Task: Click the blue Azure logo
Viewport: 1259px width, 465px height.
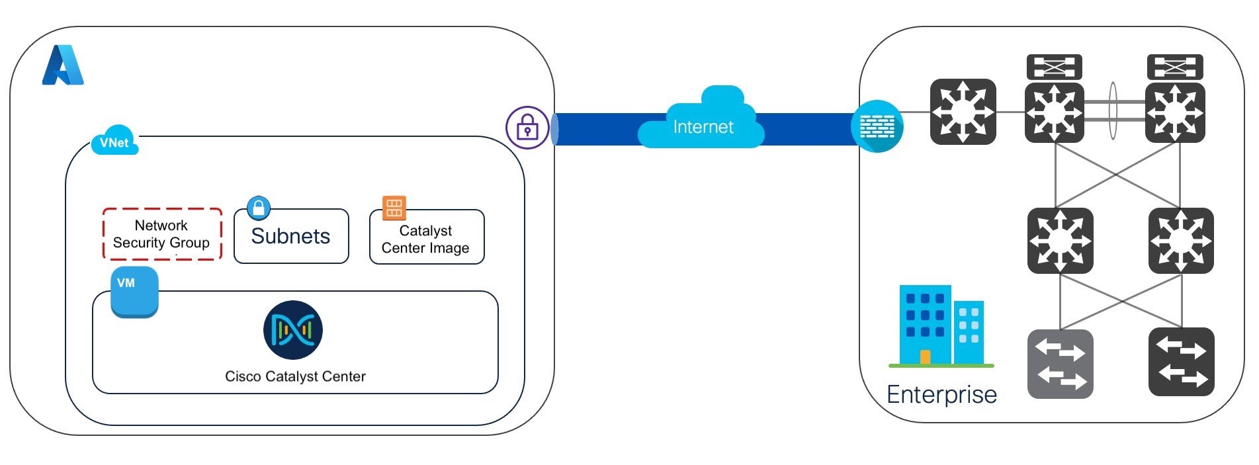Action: tap(63, 65)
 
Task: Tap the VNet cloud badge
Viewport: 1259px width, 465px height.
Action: tap(114, 141)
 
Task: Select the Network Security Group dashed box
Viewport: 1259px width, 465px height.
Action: tap(161, 234)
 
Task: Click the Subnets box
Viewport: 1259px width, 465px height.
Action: tap(291, 237)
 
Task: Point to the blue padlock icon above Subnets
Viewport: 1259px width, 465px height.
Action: tap(259, 208)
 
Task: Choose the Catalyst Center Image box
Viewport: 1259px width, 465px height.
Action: tap(426, 239)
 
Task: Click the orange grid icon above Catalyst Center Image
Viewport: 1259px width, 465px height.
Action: tap(394, 207)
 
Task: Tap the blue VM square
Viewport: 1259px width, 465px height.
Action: tap(134, 292)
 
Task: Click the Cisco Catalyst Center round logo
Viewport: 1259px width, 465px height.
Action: tap(293, 329)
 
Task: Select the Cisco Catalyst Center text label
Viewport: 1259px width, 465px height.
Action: tap(295, 376)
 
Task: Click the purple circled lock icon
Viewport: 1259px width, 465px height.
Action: tap(527, 127)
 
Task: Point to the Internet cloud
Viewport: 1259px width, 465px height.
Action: tap(703, 120)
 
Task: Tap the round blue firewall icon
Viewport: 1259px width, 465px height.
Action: tap(877, 126)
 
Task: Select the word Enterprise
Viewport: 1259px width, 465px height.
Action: tap(941, 394)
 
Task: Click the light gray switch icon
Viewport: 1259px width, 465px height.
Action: tap(1060, 364)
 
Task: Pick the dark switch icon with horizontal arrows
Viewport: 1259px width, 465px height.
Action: tap(1181, 362)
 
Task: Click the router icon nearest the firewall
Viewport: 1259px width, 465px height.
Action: tap(963, 112)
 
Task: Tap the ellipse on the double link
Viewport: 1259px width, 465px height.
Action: tap(1113, 110)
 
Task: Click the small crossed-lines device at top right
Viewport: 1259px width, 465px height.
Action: tap(1174, 67)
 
